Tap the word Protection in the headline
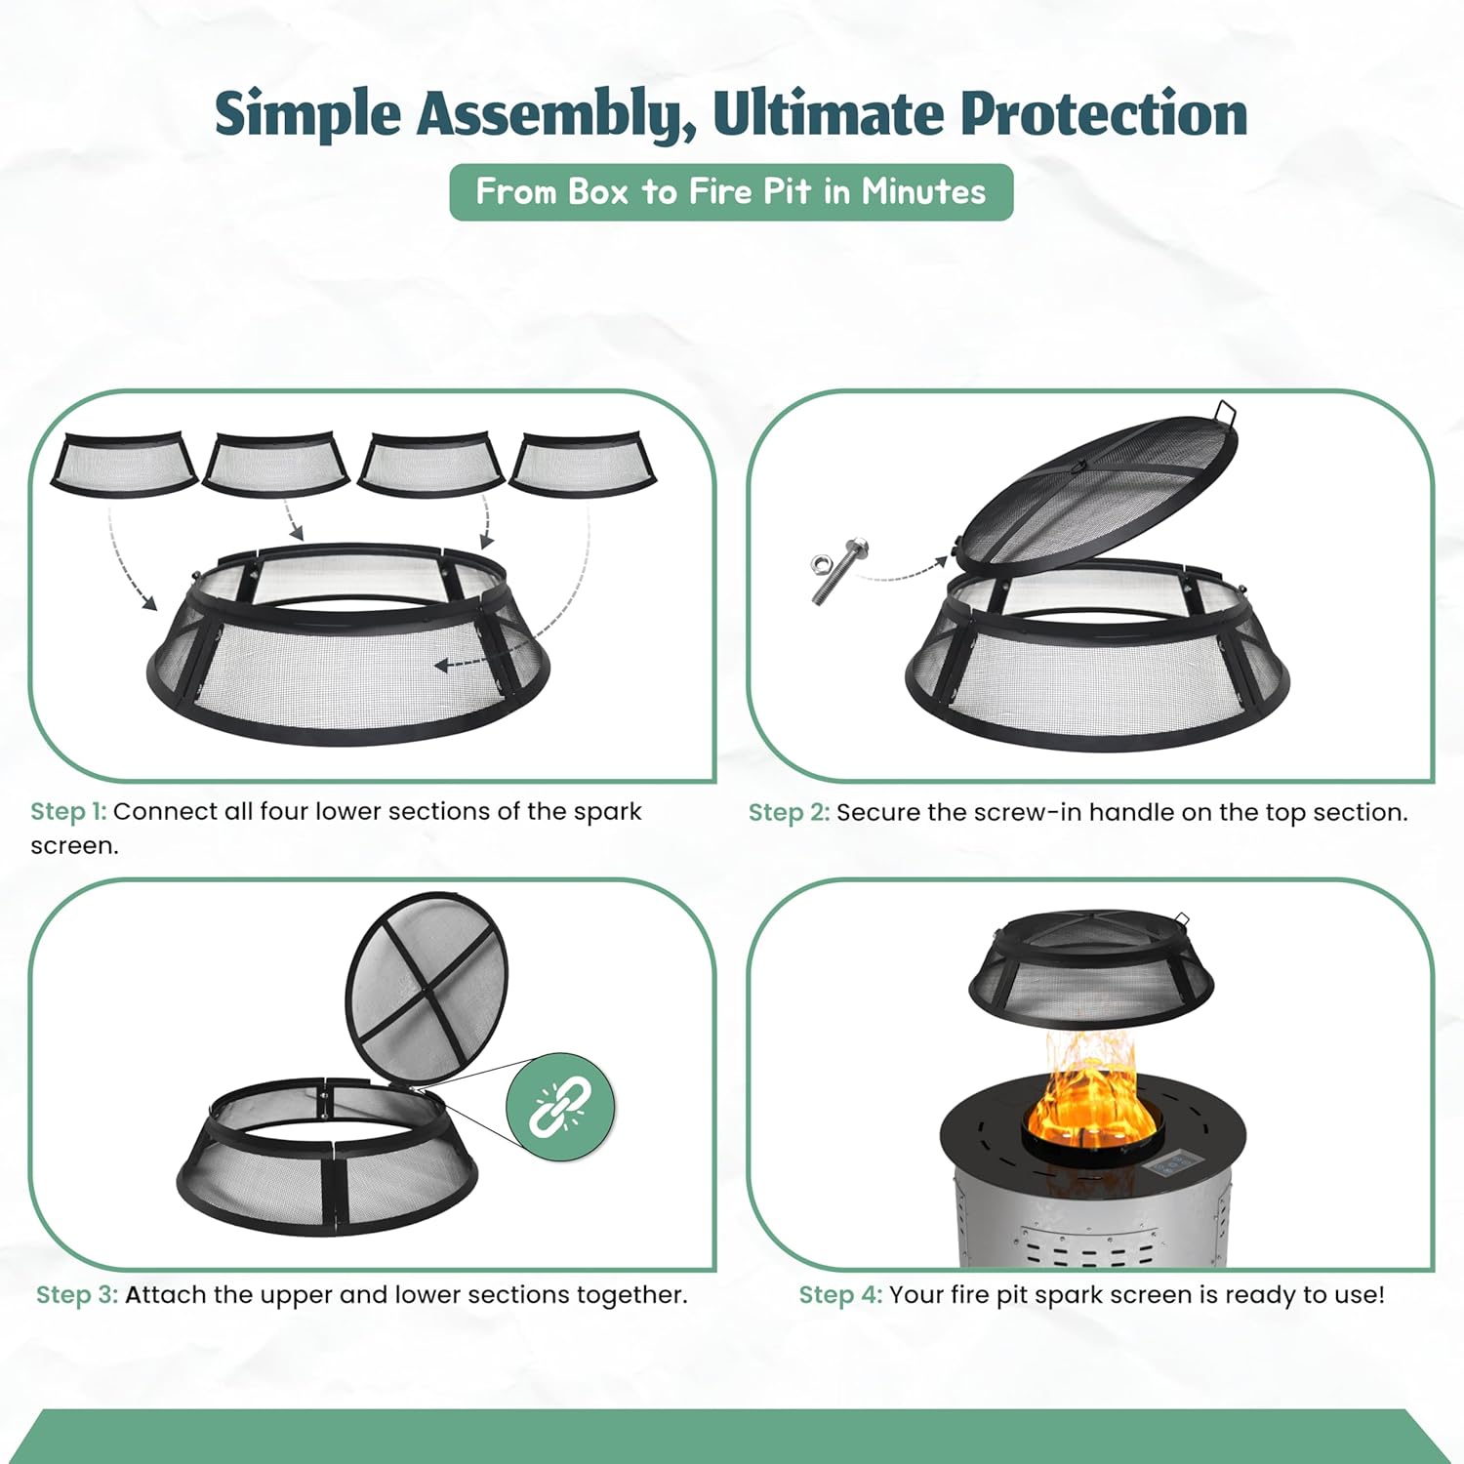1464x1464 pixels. click(x=1104, y=113)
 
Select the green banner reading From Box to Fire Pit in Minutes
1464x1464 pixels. click(x=731, y=192)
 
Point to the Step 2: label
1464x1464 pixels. click(x=789, y=812)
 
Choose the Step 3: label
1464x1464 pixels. click(x=77, y=1295)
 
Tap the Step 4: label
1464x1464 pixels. click(x=840, y=1295)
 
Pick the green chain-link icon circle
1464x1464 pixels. click(x=561, y=1107)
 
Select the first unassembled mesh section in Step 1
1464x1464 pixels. click(x=124, y=466)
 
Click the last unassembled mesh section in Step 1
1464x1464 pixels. click(x=583, y=466)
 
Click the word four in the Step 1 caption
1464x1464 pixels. click(x=284, y=812)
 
